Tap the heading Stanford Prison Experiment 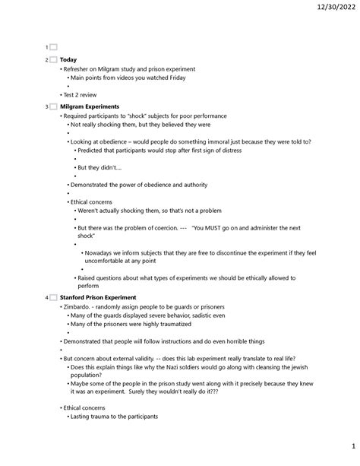[x=98, y=297]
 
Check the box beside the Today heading [x=53, y=59]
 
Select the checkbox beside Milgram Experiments [x=53, y=106]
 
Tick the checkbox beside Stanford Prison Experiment [x=53, y=297]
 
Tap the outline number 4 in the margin [x=46, y=297]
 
